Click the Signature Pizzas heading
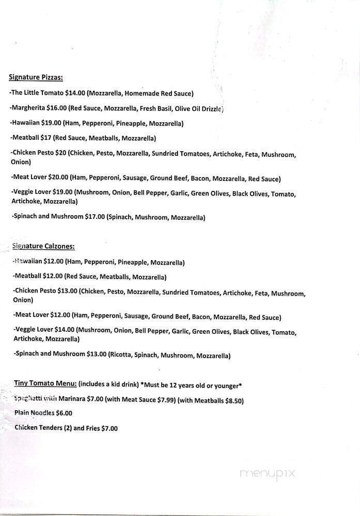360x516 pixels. [36, 78]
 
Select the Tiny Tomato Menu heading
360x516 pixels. [45, 383]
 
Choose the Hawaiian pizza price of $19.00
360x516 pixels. [52, 123]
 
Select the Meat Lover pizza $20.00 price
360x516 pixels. [58, 179]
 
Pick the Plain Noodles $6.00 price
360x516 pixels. [61, 413]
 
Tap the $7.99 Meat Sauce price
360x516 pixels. [165, 400]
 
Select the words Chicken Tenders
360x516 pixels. [35, 428]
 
